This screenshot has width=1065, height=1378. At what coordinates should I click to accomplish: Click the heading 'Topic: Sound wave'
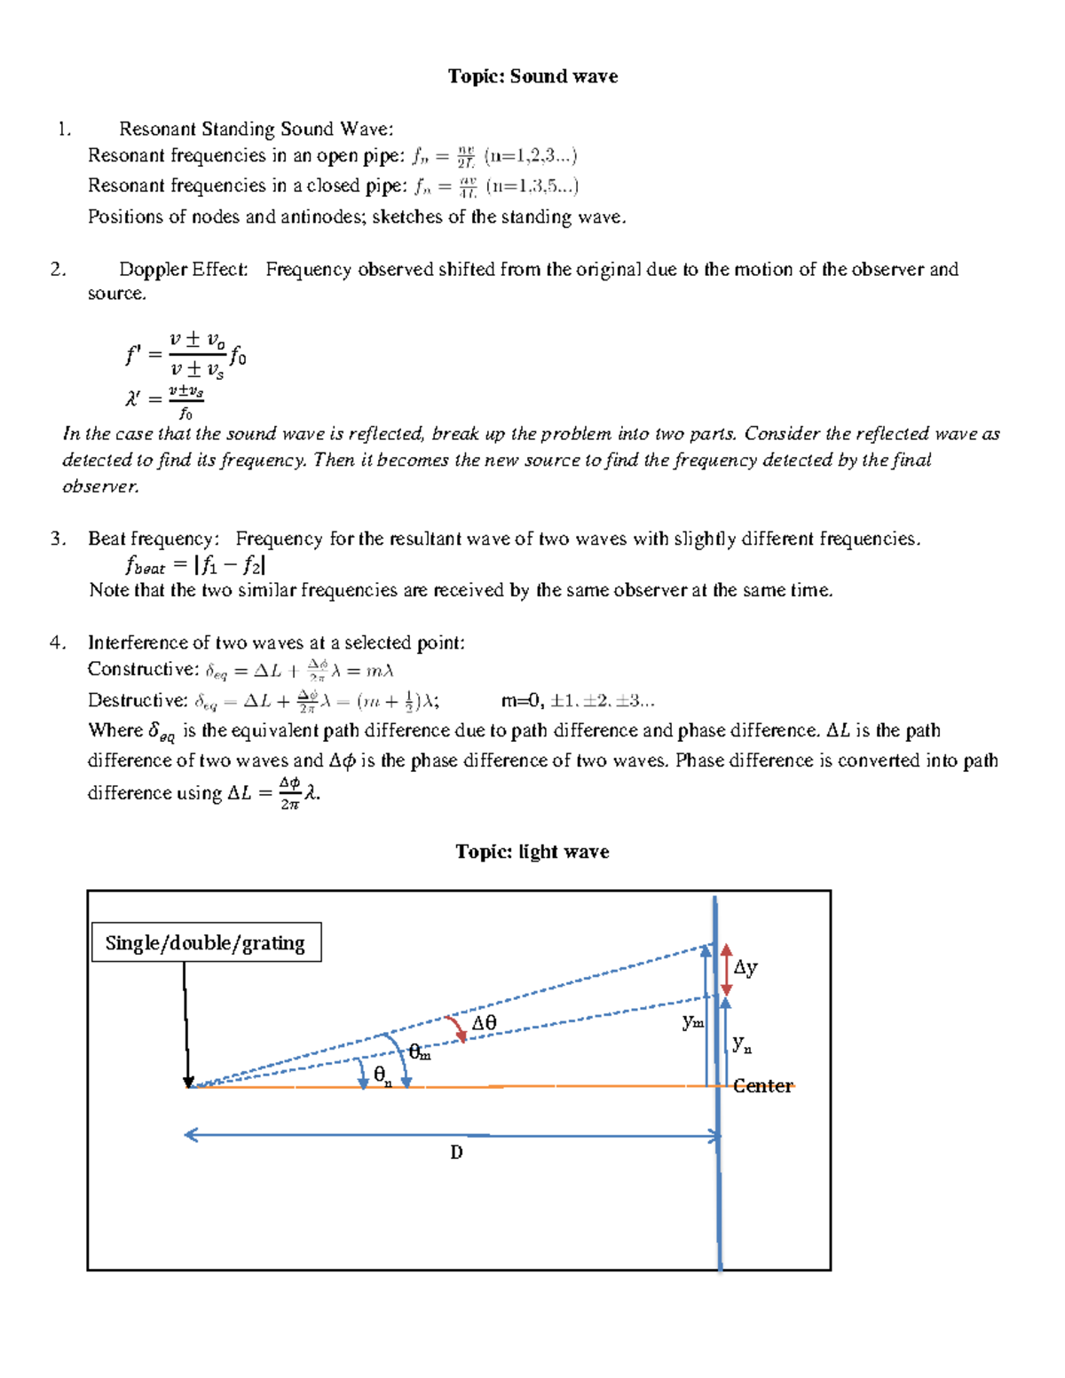[x=532, y=76]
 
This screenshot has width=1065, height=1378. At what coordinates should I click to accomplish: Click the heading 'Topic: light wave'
[x=532, y=852]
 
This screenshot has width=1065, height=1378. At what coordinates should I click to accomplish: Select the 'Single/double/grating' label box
[x=206, y=942]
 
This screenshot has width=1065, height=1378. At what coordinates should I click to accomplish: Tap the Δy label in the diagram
[x=745, y=967]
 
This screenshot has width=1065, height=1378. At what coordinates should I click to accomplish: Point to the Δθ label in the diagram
[x=484, y=1023]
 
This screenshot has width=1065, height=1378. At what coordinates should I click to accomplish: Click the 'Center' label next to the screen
[x=762, y=1086]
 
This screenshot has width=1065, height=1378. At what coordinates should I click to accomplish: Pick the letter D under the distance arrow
[x=456, y=1153]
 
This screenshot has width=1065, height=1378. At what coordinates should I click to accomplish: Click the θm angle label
[x=420, y=1052]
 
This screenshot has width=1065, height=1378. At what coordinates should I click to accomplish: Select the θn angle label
[x=383, y=1075]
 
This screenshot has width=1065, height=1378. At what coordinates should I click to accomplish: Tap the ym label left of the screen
[x=693, y=1022]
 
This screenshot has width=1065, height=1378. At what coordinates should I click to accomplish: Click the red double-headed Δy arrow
[x=726, y=969]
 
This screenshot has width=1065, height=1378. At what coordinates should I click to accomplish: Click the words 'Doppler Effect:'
[x=184, y=269]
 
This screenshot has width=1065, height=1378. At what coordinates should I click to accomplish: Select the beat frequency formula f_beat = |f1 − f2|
[x=195, y=565]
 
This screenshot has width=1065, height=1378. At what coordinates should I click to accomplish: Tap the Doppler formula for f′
[x=186, y=356]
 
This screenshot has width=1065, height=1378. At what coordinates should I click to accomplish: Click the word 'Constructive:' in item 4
[x=143, y=669]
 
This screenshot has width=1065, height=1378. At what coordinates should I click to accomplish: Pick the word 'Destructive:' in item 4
[x=138, y=700]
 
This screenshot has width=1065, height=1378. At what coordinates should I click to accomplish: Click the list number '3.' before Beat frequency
[x=59, y=539]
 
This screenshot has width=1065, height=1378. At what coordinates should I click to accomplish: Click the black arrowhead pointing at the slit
[x=188, y=1082]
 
